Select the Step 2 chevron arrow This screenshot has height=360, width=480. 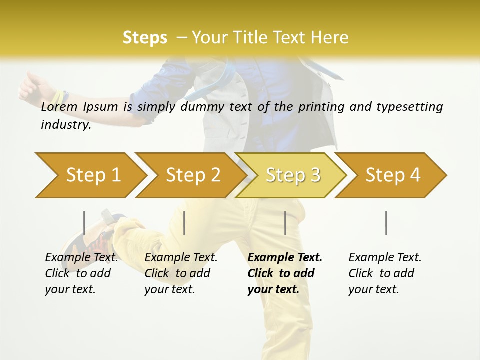[193, 175]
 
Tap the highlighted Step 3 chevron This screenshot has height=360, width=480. [293, 175]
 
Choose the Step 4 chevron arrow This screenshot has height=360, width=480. [393, 175]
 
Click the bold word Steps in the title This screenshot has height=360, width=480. [145, 37]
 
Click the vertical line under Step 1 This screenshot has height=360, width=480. [84, 223]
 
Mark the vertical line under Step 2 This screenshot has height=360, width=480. [184, 223]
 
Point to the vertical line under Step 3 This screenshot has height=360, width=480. [285, 223]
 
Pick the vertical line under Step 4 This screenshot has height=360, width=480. [386, 223]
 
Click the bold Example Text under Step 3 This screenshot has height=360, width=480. [285, 257]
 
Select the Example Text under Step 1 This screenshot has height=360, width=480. [81, 257]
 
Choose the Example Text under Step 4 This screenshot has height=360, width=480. [385, 257]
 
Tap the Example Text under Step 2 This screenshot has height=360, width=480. [181, 257]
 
